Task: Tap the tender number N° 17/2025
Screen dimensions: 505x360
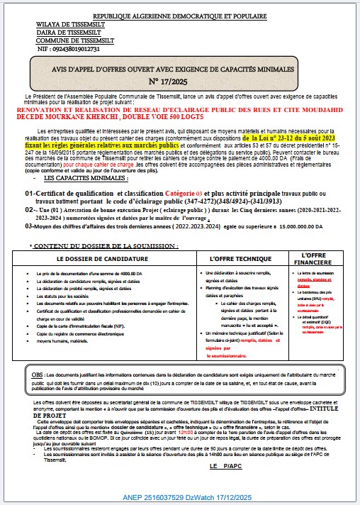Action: pos(179,82)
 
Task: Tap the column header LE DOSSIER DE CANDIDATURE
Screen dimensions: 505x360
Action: pos(106,260)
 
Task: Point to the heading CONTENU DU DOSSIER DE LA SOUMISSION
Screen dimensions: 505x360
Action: pos(106,245)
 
